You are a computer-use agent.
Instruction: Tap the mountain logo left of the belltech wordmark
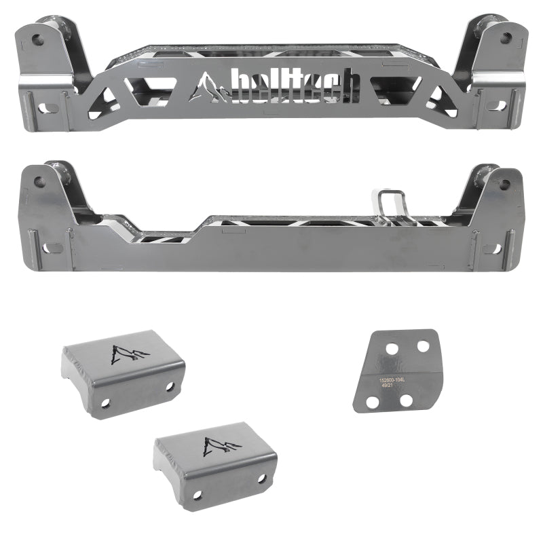pyautogui.click(x=212, y=90)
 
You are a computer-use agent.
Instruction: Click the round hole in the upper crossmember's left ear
pyautogui.click(x=38, y=39)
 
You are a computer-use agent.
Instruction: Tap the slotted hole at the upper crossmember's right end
pyautogui.click(x=496, y=106)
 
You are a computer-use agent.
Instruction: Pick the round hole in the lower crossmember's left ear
pyautogui.click(x=39, y=182)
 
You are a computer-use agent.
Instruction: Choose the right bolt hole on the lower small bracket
pyautogui.click(x=262, y=479)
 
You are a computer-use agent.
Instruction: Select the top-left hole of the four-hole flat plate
pyautogui.click(x=392, y=350)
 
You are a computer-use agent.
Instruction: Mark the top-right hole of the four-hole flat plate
pyautogui.click(x=422, y=345)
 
